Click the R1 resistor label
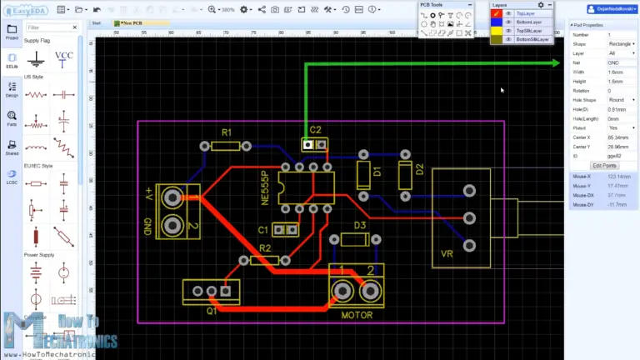[226, 133]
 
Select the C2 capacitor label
[315, 130]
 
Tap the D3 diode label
[360, 226]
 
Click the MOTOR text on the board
[357, 315]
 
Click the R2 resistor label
[265, 248]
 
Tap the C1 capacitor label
[263, 229]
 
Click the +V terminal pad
[173, 197]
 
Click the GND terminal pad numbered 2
[173, 225]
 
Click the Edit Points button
[604, 166]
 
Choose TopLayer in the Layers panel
[527, 13]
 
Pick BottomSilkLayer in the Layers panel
[532, 39]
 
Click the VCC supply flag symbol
[64, 59]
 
